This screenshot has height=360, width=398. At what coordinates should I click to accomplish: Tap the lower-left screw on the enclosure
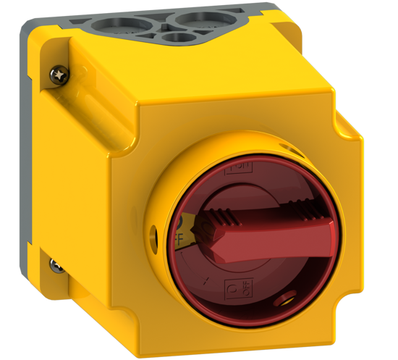pyautogui.click(x=56, y=266)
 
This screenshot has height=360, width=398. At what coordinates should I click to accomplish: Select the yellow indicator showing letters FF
pyautogui.click(x=179, y=230)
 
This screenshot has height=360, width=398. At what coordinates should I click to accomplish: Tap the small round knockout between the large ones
pyautogui.click(x=173, y=37)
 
